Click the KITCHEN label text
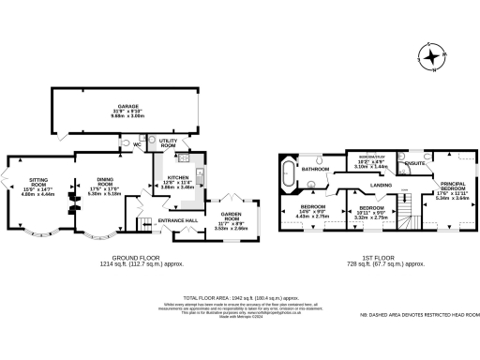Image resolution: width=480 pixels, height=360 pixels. (x=178, y=176)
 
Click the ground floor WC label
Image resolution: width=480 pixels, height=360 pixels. (x=137, y=145)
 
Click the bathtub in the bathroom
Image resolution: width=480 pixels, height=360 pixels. (x=285, y=172)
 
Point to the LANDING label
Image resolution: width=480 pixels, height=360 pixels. (x=381, y=186)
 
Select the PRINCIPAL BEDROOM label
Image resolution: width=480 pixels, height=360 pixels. (x=453, y=186)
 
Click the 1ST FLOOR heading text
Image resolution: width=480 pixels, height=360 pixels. (x=372, y=261)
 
